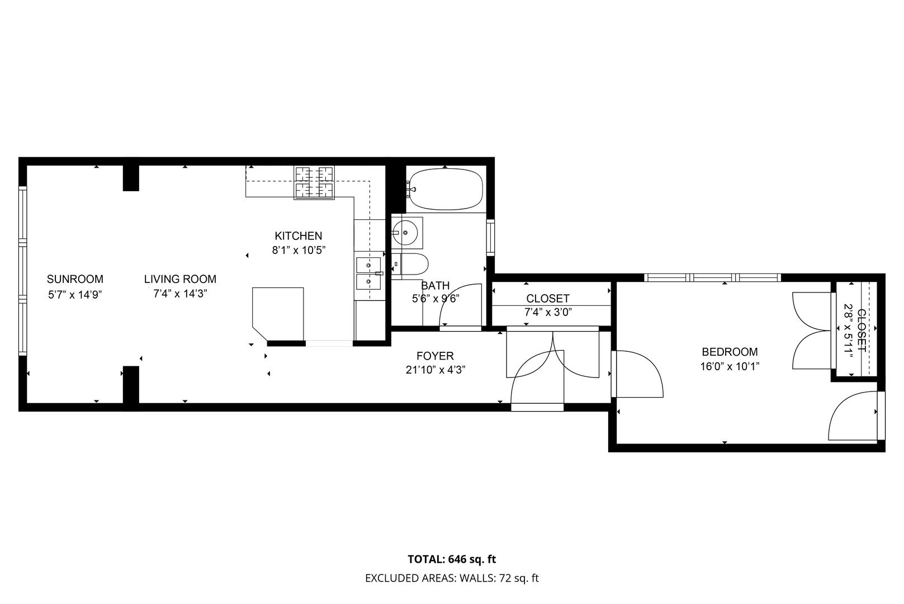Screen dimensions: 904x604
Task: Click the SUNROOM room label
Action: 75,279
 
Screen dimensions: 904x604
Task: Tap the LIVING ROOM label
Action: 181,279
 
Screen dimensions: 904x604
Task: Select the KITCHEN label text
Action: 299,236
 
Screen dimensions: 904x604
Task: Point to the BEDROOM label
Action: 730,352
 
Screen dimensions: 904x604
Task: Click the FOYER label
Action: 436,356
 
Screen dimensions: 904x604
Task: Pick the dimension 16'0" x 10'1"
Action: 730,367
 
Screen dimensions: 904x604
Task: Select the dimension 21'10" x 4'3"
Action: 436,370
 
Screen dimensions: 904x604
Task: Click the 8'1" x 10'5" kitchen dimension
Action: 299,251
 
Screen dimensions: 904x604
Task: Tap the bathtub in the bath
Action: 446,189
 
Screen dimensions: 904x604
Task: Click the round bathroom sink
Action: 405,233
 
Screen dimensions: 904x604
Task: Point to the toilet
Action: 410,265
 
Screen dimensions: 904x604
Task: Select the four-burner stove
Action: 314,183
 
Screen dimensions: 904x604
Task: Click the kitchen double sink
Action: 368,273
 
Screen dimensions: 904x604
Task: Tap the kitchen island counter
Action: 278,314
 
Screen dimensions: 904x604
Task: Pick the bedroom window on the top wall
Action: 712,278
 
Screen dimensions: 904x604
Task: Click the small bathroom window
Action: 490,237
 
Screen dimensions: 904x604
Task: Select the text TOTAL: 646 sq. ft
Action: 452,559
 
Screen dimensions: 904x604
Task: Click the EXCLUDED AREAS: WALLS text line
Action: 452,578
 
